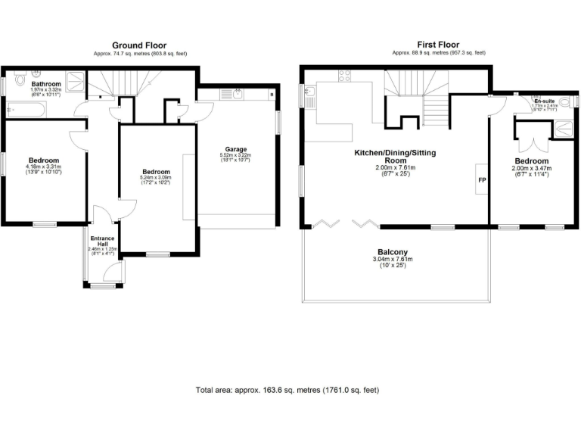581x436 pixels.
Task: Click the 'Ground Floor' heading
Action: pyautogui.click(x=139, y=45)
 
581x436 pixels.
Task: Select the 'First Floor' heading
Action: pyautogui.click(x=439, y=45)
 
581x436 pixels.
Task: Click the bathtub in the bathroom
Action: pyautogui.click(x=26, y=111)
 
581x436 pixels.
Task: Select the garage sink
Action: pyautogui.click(x=238, y=95)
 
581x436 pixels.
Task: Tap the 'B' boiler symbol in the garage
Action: pyautogui.click(x=272, y=95)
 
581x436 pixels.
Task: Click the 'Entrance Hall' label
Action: pyautogui.click(x=102, y=241)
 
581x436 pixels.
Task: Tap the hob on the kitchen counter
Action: pyautogui.click(x=343, y=76)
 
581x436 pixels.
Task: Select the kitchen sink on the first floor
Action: pyautogui.click(x=311, y=94)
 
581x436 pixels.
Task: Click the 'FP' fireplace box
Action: pyautogui.click(x=480, y=180)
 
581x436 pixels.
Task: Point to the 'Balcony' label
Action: pyautogui.click(x=393, y=252)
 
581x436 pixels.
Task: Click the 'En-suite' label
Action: pyautogui.click(x=543, y=101)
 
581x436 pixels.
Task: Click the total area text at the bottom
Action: pyautogui.click(x=287, y=390)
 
